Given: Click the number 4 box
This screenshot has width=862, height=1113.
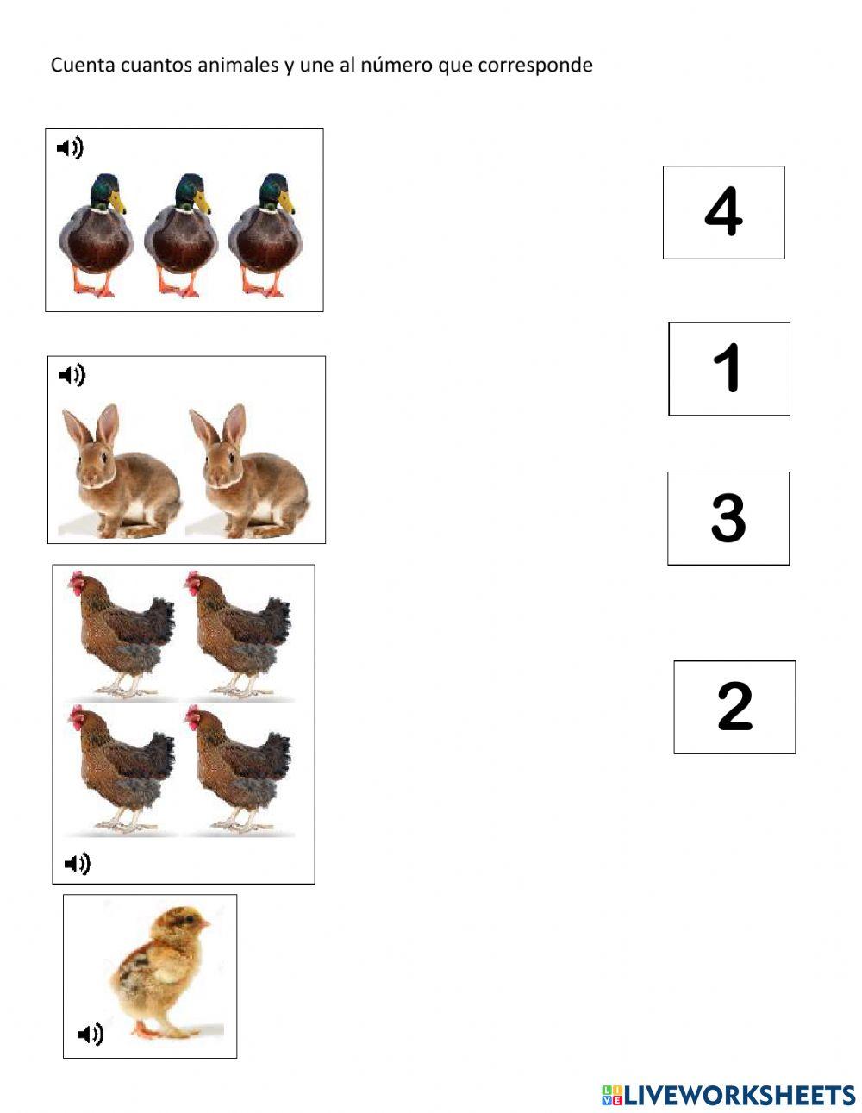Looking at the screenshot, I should (723, 212).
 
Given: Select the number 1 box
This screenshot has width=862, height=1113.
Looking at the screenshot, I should (729, 369).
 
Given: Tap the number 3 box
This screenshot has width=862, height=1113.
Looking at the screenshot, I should (728, 518).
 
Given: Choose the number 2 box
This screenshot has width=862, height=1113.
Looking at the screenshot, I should (734, 707).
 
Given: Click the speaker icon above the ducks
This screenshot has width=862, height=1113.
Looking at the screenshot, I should (70, 148).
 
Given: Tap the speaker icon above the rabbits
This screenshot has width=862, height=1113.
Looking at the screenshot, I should (72, 375).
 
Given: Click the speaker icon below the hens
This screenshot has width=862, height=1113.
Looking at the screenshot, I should (78, 863).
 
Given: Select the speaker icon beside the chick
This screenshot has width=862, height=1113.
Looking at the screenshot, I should (91, 1034).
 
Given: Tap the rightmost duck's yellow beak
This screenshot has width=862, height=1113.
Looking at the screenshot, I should (286, 204).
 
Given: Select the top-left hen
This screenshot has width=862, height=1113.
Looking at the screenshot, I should (121, 634).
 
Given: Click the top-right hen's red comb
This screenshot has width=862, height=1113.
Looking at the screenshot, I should (191, 577).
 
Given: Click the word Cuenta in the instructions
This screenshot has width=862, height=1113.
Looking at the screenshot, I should (77, 65).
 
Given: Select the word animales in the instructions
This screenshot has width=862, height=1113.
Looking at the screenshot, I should (239, 65).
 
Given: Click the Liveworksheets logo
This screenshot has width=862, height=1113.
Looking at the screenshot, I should (728, 1095).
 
